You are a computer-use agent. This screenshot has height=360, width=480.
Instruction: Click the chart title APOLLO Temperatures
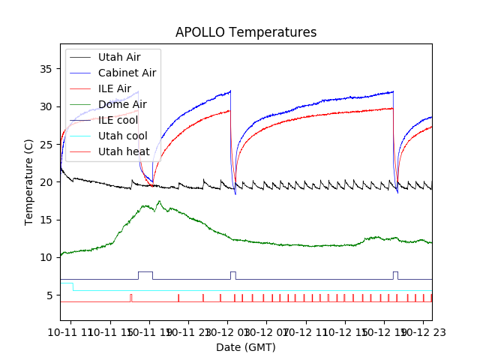click(246, 32)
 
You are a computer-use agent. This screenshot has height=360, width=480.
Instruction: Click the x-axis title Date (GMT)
click(246, 347)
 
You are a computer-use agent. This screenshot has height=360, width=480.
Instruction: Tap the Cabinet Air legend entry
click(127, 73)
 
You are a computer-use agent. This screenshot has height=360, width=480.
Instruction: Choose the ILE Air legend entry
click(114, 88)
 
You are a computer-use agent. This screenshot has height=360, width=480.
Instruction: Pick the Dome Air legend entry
click(121, 104)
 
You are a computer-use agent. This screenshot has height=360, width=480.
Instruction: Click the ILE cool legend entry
click(118, 120)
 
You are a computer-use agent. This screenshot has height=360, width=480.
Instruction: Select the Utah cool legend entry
click(122, 136)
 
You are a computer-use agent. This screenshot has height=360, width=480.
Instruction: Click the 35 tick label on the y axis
click(46, 69)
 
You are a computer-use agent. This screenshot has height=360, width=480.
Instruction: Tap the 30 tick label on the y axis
click(46, 106)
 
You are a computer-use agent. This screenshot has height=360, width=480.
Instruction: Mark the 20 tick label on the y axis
click(46, 182)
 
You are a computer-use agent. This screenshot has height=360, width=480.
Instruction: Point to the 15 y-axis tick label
click(46, 220)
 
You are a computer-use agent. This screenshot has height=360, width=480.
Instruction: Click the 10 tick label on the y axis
click(46, 257)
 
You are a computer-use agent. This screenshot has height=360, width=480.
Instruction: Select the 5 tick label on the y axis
click(49, 295)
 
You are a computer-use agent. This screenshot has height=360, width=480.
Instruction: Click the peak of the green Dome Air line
click(159, 201)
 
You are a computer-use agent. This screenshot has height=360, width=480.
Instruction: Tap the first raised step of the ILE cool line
click(145, 271)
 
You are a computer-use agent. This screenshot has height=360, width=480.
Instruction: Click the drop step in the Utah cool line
click(73, 286)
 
